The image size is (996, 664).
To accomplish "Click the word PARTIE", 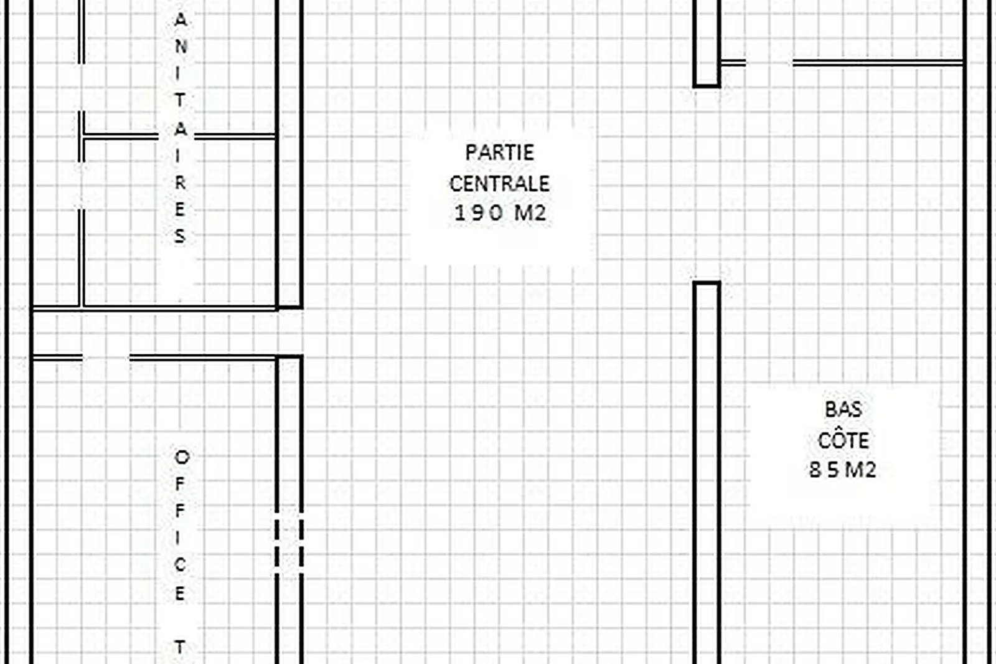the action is coord(499,153).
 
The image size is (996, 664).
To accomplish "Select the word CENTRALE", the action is coord(499,183).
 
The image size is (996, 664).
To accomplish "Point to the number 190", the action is coord(479,213).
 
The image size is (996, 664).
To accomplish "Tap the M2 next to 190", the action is coord(530,213).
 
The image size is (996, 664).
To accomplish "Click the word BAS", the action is coord(843,409).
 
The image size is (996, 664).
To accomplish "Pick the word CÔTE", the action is coord(843,440).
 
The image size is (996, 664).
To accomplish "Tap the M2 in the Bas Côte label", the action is coord(860,470).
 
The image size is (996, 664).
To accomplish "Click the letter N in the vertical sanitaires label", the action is coord(181,46).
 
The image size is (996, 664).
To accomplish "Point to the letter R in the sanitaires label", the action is coord(180,183).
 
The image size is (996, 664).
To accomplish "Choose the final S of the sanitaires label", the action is coord(180,236).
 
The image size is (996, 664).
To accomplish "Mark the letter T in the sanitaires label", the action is coord(180,100).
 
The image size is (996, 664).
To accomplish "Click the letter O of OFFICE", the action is coord(181,457).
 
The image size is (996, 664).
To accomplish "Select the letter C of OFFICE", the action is coord(180,565).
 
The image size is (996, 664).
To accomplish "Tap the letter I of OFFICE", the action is coord(178,538).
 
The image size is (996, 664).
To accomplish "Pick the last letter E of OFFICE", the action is coord(180,593).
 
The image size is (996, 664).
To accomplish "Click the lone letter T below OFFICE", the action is coord(180,647).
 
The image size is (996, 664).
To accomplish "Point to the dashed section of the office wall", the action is coord(289,544).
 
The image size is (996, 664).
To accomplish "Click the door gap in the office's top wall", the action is coord(106,358).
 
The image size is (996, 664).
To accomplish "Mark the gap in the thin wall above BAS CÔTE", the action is coord(769,63).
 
